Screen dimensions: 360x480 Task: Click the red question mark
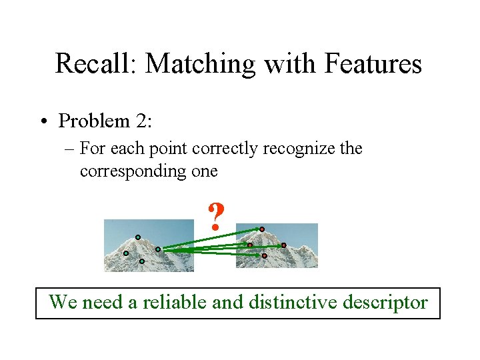click(215, 217)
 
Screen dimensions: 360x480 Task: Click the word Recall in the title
click(95, 64)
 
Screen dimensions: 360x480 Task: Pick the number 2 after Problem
click(139, 121)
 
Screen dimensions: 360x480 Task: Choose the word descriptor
click(385, 303)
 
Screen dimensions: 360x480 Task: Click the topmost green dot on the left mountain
click(138, 237)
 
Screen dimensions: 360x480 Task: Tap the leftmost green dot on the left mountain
click(126, 253)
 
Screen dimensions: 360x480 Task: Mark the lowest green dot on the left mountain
click(141, 261)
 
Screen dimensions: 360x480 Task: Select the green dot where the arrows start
click(158, 249)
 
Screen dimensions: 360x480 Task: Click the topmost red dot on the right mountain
click(262, 229)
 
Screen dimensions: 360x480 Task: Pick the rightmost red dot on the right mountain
click(283, 245)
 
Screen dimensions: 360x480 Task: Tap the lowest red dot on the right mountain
click(264, 255)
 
